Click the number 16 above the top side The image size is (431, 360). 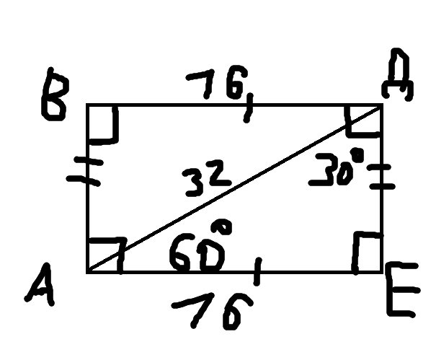pyautogui.click(x=217, y=82)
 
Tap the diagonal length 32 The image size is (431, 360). pyautogui.click(x=207, y=178)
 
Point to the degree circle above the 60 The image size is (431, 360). pyautogui.click(x=221, y=227)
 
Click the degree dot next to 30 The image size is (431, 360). pyautogui.click(x=357, y=155)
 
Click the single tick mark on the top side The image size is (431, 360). pyautogui.click(x=249, y=108)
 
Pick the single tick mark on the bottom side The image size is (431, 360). pyautogui.click(x=257, y=271)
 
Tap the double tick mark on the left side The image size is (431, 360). pyautogui.click(x=85, y=171)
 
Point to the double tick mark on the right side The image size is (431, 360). pyautogui.click(x=382, y=176)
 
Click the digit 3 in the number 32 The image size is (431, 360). pyautogui.click(x=196, y=183)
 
